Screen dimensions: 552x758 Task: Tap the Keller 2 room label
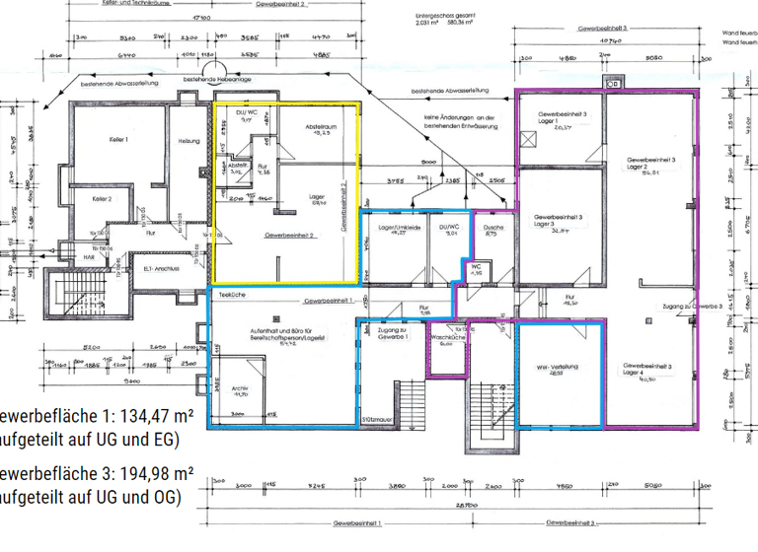[x=102, y=199]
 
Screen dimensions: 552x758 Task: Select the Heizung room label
[x=189, y=140]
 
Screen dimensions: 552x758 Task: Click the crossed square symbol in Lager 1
[x=529, y=141]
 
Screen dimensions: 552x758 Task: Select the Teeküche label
[x=231, y=294]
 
